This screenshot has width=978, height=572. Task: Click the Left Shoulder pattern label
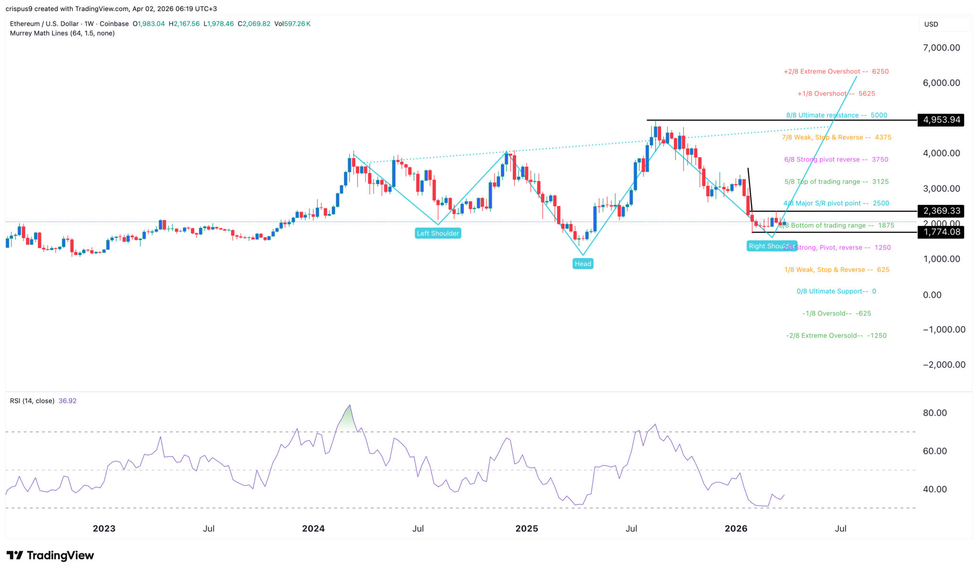pos(438,233)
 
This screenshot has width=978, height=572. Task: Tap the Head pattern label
pos(583,264)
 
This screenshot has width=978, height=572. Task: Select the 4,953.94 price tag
pos(941,120)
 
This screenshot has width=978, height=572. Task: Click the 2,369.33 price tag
pos(941,211)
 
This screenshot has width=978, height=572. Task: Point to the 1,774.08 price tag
pos(941,232)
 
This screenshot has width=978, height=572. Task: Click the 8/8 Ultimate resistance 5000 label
pos(836,115)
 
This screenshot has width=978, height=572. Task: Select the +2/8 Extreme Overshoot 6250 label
pos(836,72)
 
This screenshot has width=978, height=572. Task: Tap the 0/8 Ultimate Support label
pos(836,291)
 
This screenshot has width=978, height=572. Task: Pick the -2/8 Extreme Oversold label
pos(836,336)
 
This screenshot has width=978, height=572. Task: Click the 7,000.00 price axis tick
pos(941,48)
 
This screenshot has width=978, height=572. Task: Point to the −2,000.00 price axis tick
pos(944,365)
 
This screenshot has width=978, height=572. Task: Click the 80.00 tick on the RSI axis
pos(935,413)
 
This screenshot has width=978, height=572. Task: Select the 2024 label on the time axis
pos(313,529)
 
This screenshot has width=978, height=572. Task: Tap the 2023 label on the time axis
pos(104,529)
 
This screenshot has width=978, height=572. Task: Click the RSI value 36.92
pos(67,401)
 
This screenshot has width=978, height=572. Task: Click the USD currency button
pos(931,24)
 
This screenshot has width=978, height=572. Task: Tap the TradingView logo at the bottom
pos(50,555)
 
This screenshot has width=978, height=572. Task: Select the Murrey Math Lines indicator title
pos(62,33)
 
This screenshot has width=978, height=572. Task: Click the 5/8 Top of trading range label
pos(836,182)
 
